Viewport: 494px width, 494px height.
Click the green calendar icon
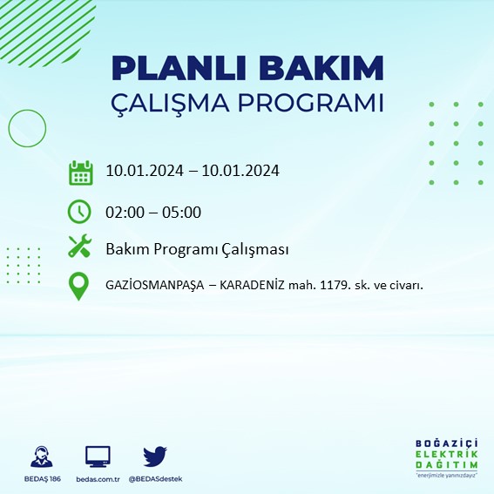click(80, 172)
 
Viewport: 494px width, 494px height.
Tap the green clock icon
click(80, 212)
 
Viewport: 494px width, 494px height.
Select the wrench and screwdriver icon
click(80, 248)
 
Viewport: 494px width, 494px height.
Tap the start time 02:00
click(124, 212)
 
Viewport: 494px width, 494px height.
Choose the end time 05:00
click(183, 212)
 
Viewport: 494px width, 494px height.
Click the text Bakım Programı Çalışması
click(197, 249)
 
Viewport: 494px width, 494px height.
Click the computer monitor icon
click(98, 456)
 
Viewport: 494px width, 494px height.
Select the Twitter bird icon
click(155, 456)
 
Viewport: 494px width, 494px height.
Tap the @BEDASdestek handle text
click(156, 479)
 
